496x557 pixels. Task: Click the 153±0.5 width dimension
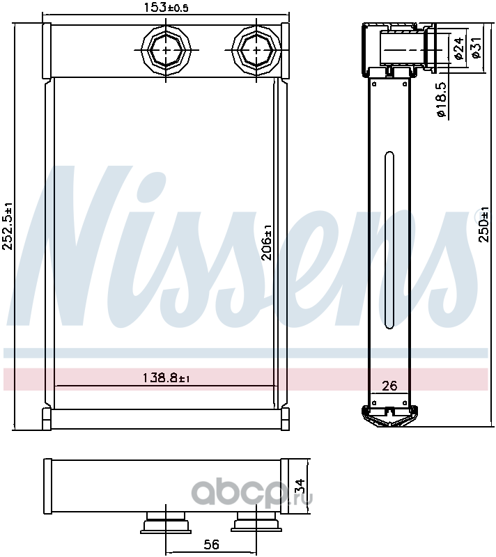pyautogui.click(x=166, y=8)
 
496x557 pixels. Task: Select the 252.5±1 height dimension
pyautogui.click(x=8, y=226)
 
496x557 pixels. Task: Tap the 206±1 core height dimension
pyautogui.click(x=267, y=242)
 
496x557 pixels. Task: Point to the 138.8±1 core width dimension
pyautogui.click(x=166, y=377)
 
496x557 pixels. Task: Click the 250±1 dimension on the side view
pyautogui.click(x=483, y=224)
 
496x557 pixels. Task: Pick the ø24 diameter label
pyautogui.click(x=458, y=48)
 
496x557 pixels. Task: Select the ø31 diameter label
pyautogui.click(x=475, y=47)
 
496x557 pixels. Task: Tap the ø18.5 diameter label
pyautogui.click(x=440, y=100)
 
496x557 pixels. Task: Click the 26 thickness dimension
pyautogui.click(x=389, y=386)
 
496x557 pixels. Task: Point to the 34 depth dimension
pyautogui.click(x=300, y=485)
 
